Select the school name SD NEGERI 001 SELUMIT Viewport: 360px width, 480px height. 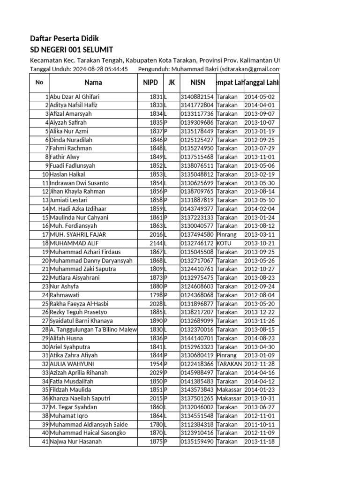pyautogui.click(x=71, y=50)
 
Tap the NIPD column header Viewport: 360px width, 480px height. pyautogui.click(x=150, y=82)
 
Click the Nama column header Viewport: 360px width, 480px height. pyautogui.click(x=93, y=82)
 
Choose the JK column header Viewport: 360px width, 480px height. pyautogui.click(x=172, y=82)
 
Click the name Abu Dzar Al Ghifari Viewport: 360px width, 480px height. pyautogui.click(x=74, y=97)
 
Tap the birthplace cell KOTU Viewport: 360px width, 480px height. pyautogui.click(x=224, y=243)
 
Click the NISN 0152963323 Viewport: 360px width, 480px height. pyautogui.click(x=197, y=347)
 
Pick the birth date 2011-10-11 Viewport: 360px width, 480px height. pyautogui.click(x=261, y=424)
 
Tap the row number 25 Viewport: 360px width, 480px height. pyautogui.click(x=45, y=304)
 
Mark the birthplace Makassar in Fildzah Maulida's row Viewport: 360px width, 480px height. pyautogui.click(x=229, y=390)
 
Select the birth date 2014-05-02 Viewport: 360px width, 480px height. pyautogui.click(x=261, y=97)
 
